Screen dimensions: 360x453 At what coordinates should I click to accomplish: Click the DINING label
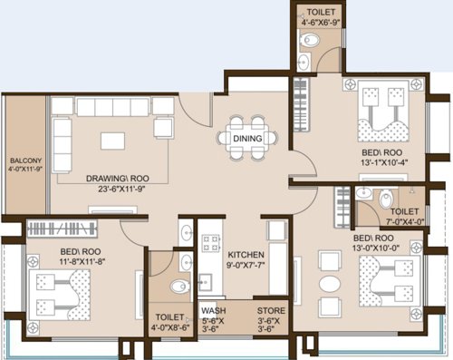[x=246, y=139]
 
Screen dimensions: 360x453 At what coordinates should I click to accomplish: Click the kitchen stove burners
[x=210, y=243]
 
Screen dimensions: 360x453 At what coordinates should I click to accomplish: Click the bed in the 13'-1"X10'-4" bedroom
[x=380, y=108]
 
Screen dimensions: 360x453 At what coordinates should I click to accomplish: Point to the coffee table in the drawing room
[x=113, y=142]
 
